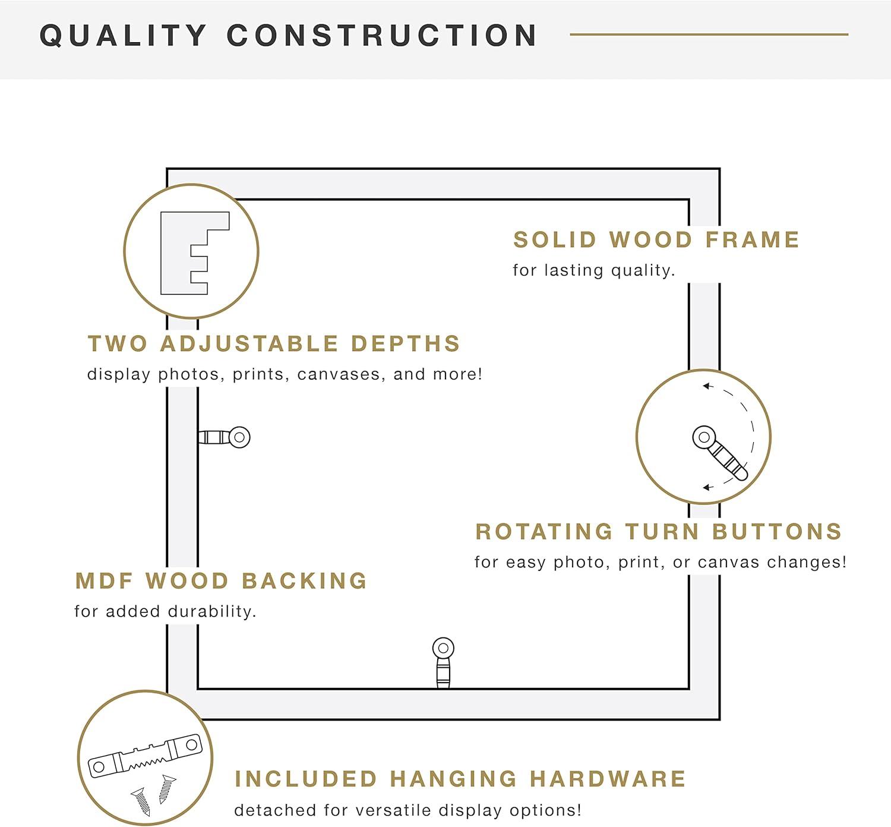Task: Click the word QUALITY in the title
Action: [123, 35]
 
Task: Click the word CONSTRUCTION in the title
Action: [382, 35]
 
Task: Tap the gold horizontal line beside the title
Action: [709, 34]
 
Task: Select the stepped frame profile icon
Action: [195, 253]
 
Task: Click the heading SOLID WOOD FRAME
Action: [656, 239]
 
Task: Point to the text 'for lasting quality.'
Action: [593, 270]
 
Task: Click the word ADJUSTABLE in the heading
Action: [249, 344]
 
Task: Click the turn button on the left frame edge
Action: [224, 437]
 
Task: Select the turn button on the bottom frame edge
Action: [443, 662]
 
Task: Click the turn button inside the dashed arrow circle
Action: [719, 452]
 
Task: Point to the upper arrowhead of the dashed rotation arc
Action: [707, 386]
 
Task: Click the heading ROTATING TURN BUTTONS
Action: [659, 531]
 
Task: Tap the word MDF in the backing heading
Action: [104, 580]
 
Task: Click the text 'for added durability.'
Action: [165, 611]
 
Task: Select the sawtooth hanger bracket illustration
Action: [145, 756]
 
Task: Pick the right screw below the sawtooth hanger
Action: [167, 790]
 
